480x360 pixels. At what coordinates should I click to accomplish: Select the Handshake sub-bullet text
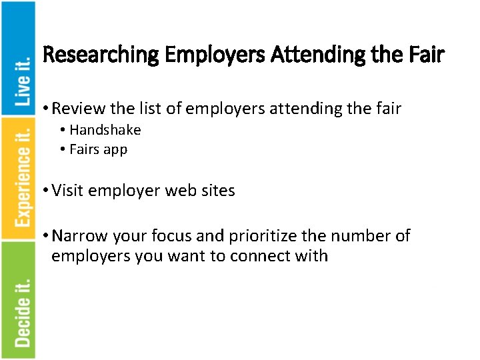105,130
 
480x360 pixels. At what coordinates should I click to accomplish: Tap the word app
115,150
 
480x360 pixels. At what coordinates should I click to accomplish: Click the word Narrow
79,236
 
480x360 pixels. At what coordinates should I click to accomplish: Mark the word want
183,256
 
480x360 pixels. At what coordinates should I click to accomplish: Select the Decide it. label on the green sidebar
23,311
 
